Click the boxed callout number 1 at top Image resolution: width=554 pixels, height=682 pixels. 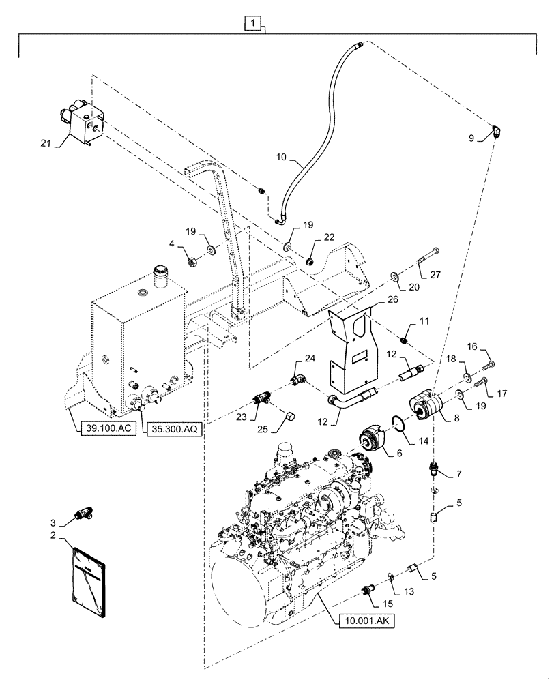click(253, 25)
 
